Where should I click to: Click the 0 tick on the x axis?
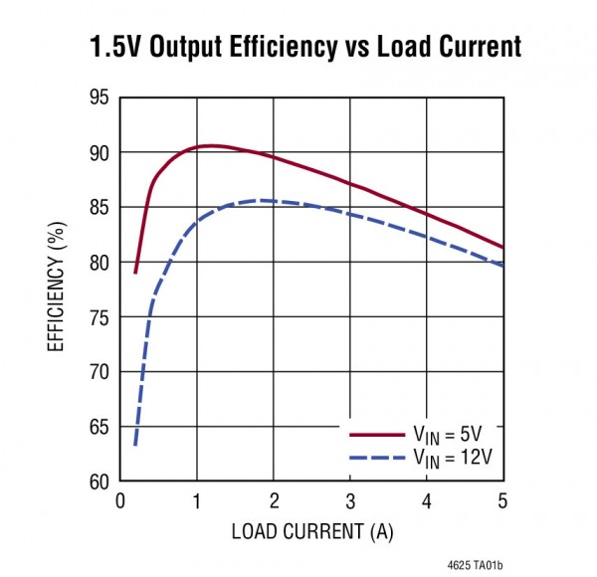coord(120,500)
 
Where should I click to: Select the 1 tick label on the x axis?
coord(197,500)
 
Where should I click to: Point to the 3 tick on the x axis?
coord(349,500)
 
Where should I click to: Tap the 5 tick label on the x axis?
coord(502,500)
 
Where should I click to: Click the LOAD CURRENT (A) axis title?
coord(311,532)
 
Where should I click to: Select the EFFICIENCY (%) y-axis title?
coord(56,289)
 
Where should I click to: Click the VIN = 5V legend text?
coord(450,434)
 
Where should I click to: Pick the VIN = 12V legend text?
coord(454,457)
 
